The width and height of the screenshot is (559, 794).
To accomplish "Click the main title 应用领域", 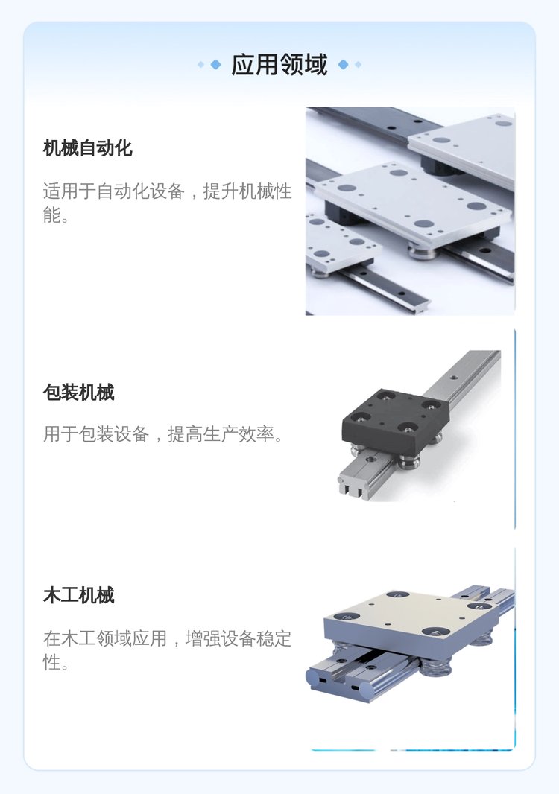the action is [279, 64].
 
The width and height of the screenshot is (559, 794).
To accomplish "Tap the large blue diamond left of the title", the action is [215, 64].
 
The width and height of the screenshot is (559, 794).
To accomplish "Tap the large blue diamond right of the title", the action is [343, 64].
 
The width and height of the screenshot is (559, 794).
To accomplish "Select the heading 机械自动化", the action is [88, 148].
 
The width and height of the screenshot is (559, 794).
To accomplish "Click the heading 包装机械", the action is [78, 392].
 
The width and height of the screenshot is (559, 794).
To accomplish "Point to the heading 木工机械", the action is [78, 595].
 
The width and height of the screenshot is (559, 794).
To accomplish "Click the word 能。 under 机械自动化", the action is [56, 215].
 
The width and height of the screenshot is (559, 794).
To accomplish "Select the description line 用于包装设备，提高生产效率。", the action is [164, 434].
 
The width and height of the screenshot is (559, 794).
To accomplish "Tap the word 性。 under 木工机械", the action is [56, 662].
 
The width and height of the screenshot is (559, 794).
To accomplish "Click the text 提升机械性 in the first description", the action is [247, 191].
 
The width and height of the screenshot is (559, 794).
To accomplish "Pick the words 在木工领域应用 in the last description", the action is [105, 638].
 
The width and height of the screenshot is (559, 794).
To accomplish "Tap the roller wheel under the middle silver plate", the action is [423, 250].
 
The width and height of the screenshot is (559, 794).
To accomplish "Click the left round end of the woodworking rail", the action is [315, 678].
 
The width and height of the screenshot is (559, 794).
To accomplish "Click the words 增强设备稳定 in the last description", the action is [239, 638].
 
